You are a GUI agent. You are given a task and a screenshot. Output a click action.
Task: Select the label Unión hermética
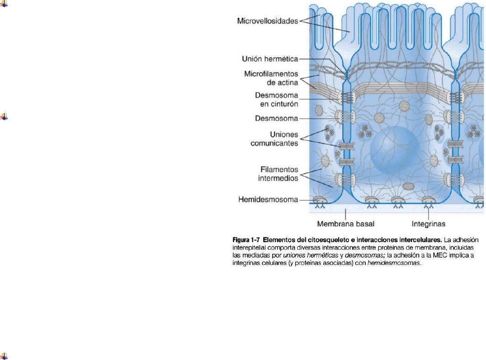270,59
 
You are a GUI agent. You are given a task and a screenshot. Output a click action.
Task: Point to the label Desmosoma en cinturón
276,100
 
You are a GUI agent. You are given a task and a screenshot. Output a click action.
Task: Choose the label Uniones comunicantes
274,139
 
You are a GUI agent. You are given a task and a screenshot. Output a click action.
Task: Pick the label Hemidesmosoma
268,199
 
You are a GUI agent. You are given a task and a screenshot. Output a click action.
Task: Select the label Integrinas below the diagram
428,224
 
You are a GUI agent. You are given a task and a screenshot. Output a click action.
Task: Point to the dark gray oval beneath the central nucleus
408,186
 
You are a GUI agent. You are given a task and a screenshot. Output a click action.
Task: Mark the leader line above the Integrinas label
428,214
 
